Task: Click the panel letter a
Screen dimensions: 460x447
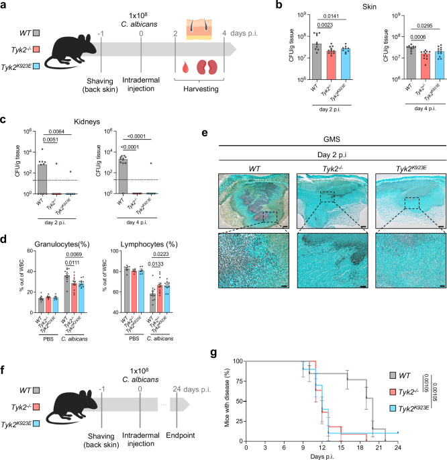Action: point(5,6)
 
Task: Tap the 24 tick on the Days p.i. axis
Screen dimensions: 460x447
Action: point(398,446)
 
